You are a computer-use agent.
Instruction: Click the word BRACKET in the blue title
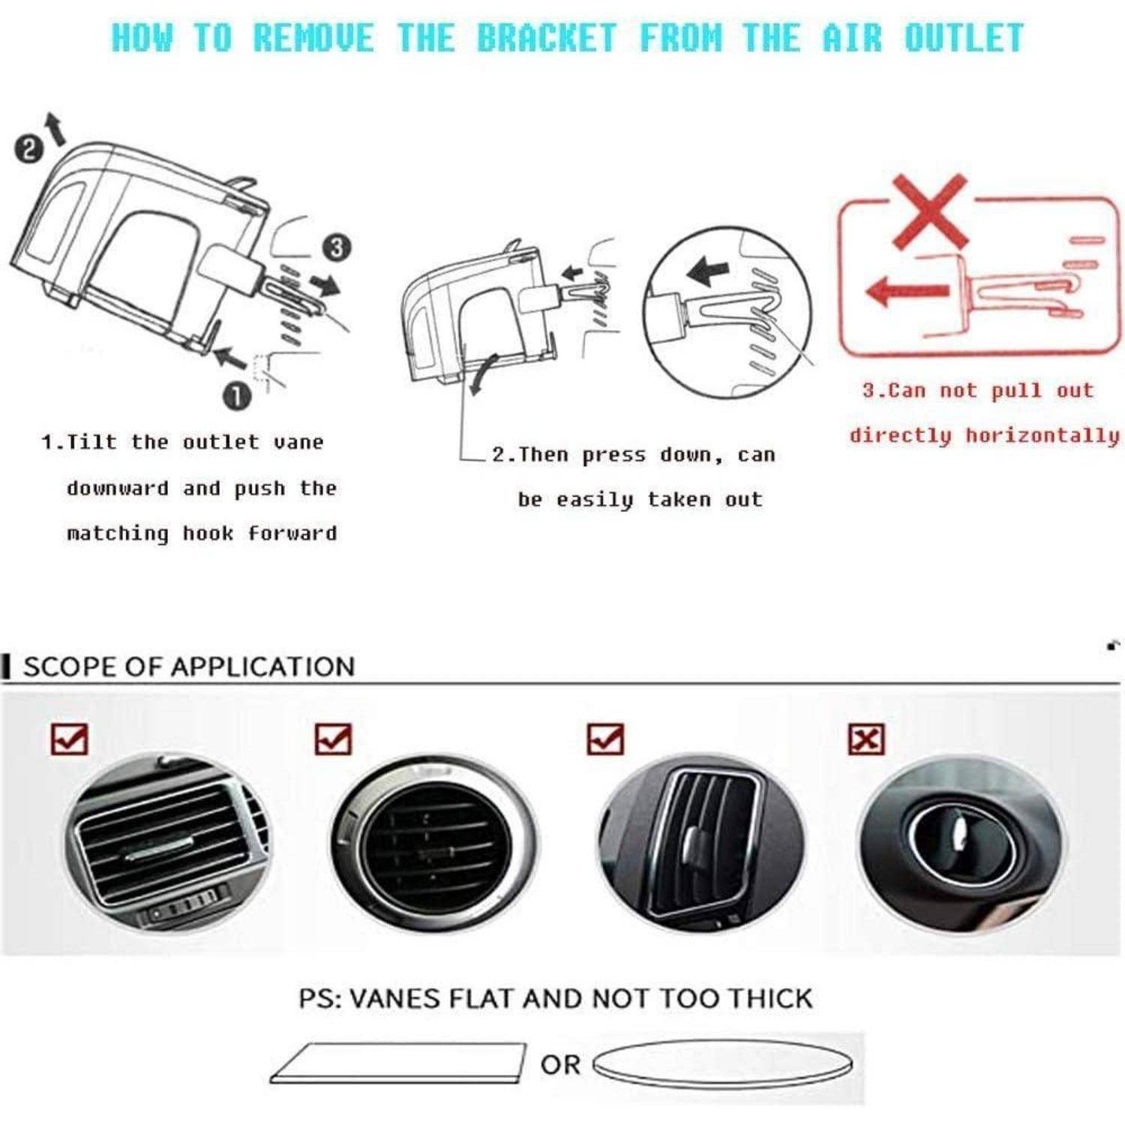(547, 38)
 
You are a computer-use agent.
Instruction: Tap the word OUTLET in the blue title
(963, 38)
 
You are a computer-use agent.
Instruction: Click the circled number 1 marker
(237, 396)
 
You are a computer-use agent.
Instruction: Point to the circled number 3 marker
(337, 247)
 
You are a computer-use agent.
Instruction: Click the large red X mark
(930, 212)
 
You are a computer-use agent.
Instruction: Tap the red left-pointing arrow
(907, 289)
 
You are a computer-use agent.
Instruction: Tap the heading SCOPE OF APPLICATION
(188, 667)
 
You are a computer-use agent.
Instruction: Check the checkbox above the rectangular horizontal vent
(69, 739)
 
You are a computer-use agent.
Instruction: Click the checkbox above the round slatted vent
(333, 739)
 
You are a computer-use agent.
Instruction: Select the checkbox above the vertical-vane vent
(604, 739)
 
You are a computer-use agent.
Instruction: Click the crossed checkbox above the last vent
(866, 739)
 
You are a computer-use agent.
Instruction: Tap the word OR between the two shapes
(560, 1065)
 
